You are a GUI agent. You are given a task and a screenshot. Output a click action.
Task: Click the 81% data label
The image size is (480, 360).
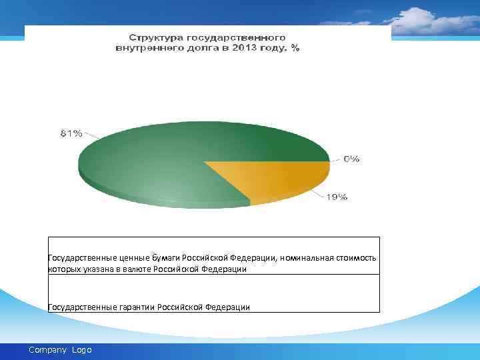pos(71,133)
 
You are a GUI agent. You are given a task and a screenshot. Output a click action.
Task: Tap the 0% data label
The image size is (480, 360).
pos(351,159)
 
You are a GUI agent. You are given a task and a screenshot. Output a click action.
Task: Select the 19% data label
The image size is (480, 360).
pos(337,197)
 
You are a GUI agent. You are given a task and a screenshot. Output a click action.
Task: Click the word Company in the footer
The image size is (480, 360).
pos(48,350)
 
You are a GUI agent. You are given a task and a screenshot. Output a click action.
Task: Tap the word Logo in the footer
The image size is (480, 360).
pos(81,350)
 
